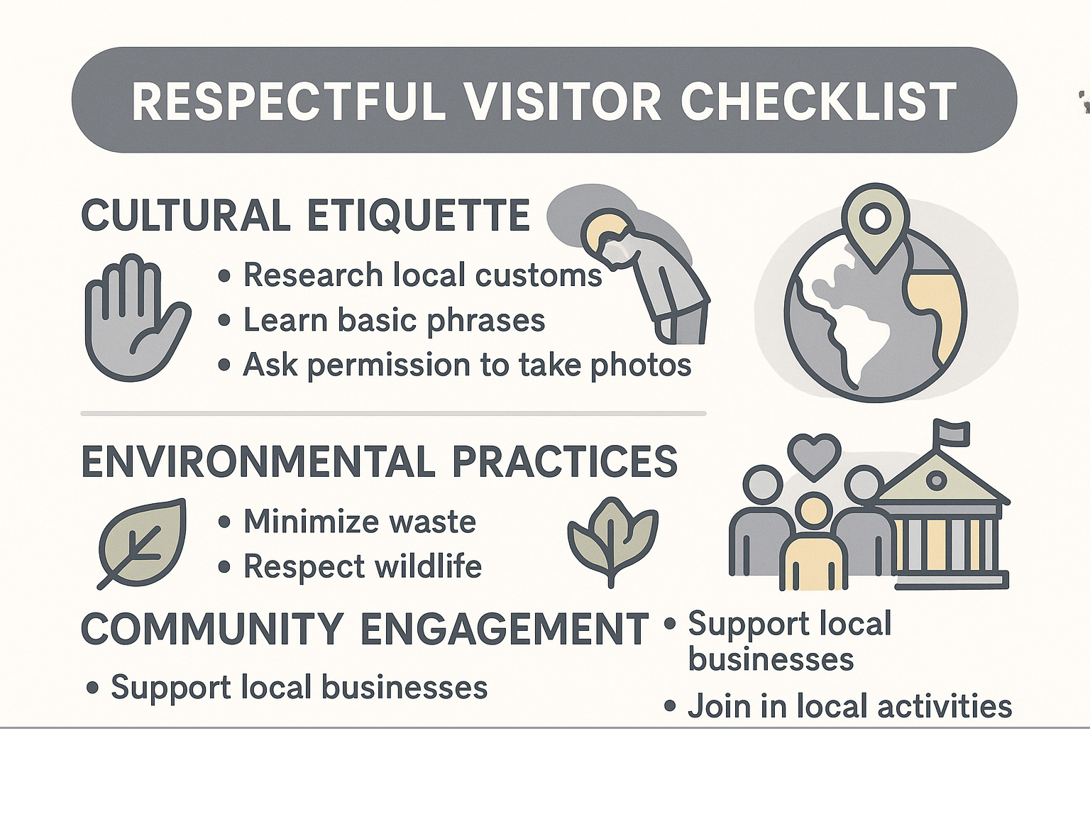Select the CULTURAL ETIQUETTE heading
pos(305,216)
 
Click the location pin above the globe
pos(876,220)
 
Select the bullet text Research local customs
pos(422,275)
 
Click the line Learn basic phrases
pos(394,321)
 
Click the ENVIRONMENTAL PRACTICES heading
pos(379,462)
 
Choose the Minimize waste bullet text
pos(359,522)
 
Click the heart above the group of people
pos(814,454)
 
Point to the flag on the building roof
pos(951,431)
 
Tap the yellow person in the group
pos(813,546)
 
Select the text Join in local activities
pos(849,707)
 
